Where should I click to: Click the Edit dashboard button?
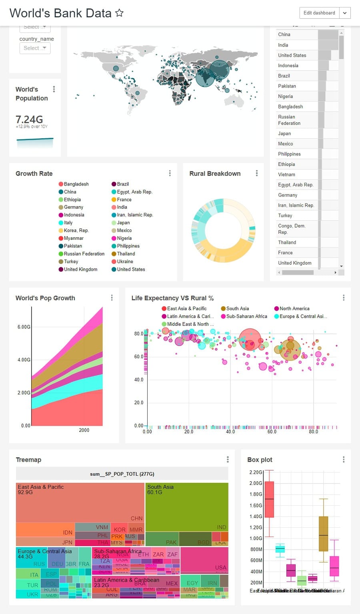(x=319, y=13)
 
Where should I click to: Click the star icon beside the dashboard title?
(x=119, y=13)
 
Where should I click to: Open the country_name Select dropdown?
(x=35, y=48)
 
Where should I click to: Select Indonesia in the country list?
(x=288, y=66)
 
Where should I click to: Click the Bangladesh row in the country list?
(x=290, y=107)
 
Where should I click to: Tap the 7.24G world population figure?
(x=29, y=120)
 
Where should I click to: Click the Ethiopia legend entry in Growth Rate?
(x=72, y=199)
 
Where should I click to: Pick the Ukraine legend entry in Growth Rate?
(x=125, y=261)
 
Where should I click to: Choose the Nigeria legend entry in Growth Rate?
(x=124, y=238)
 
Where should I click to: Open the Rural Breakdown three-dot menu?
(x=257, y=173)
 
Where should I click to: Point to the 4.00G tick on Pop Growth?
(x=24, y=360)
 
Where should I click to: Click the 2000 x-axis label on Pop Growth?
(x=84, y=430)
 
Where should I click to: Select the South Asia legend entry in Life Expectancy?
(x=237, y=309)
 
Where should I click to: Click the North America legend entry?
(x=294, y=309)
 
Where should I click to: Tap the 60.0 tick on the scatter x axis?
(x=272, y=432)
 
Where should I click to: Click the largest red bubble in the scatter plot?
(x=250, y=339)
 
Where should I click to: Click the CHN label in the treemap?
(x=136, y=518)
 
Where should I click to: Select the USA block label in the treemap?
(x=220, y=568)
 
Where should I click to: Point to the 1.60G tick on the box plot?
(x=256, y=505)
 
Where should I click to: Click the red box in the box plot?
(x=269, y=499)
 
